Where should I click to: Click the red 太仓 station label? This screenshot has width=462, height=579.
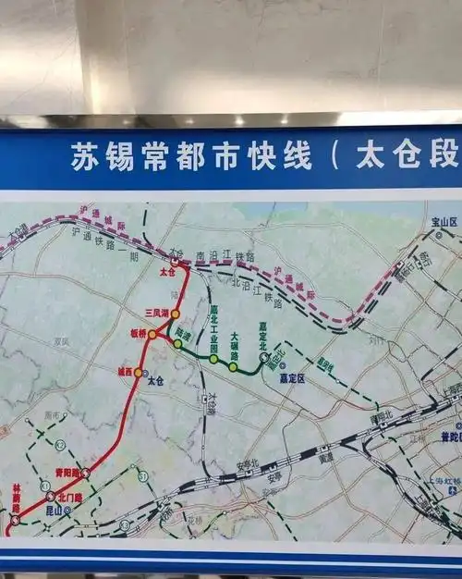coord(166,273)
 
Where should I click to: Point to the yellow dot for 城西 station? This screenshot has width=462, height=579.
coord(139,373)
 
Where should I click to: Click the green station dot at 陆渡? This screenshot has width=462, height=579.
coord(177,344)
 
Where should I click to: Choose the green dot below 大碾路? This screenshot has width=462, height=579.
coord(234,367)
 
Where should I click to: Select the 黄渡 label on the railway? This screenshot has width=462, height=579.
coord(325,458)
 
